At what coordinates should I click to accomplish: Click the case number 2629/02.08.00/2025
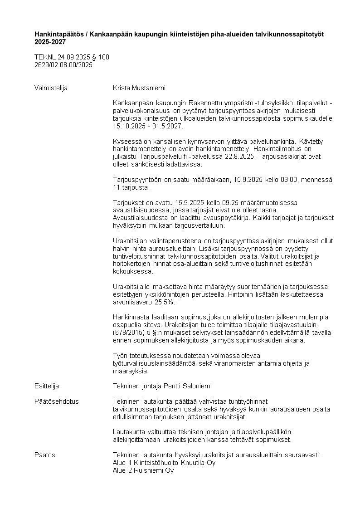pyautogui.click(x=63, y=64)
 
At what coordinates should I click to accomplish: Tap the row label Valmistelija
pyautogui.click(x=51, y=88)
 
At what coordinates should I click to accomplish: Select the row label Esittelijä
pyautogui.click(x=47, y=386)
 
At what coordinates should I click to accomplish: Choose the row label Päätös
pyautogui.click(x=45, y=455)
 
